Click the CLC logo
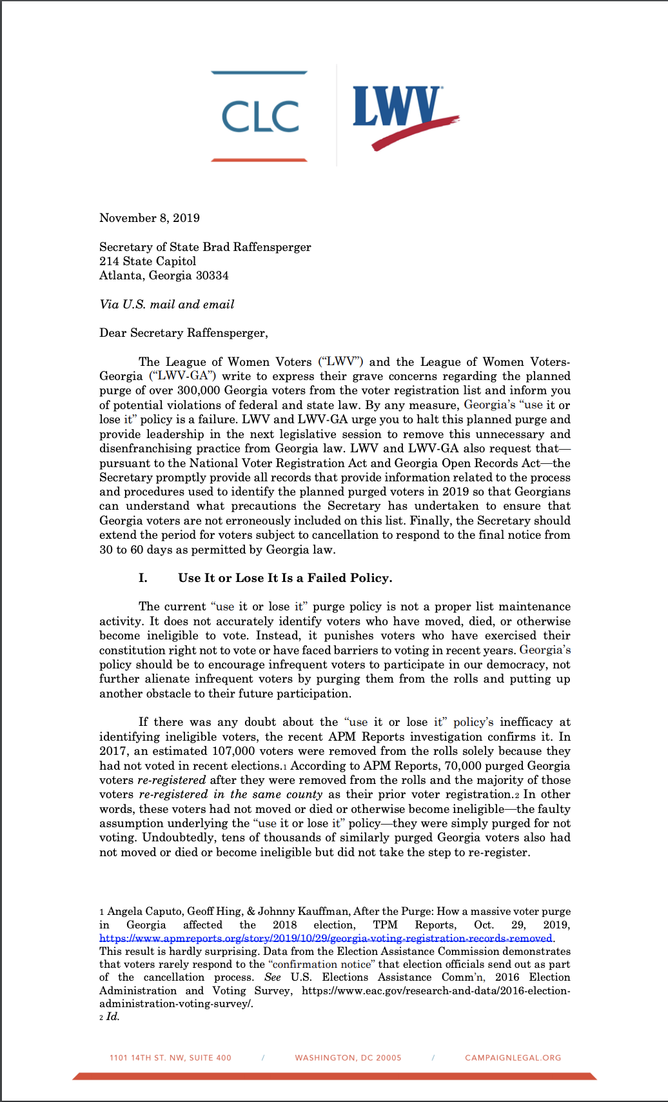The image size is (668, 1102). (260, 116)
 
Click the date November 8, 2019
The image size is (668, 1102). (150, 218)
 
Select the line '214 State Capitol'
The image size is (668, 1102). (148, 261)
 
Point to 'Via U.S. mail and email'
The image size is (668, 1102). (167, 305)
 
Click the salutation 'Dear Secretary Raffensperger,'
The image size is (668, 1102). (183, 333)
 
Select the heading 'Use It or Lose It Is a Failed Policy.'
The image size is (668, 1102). (285, 578)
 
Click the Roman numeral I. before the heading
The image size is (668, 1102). (143, 578)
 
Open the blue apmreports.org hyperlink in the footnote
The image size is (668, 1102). (326, 938)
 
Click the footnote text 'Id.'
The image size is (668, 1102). (113, 1017)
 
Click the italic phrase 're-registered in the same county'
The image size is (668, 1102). (231, 794)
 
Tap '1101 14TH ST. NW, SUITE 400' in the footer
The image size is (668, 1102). (170, 1058)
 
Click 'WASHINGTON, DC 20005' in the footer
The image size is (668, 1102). (348, 1058)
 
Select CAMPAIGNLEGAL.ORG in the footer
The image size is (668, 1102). (513, 1058)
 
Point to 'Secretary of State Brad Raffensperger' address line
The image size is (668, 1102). (205, 247)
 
